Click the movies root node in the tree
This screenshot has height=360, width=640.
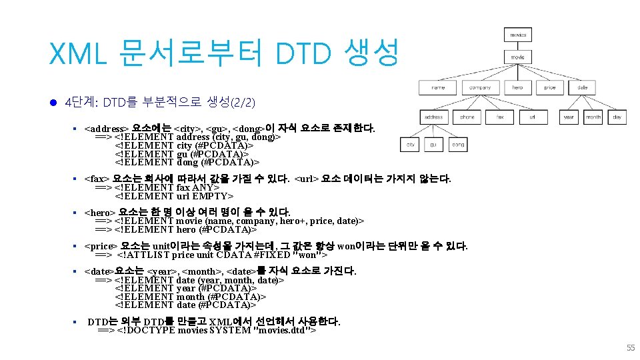pos(518,35)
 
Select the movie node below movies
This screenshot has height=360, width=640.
pos(518,57)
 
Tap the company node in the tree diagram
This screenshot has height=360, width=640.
pos(479,87)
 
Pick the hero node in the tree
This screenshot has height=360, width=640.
pos(518,87)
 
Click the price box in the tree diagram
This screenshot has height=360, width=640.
pos(549,87)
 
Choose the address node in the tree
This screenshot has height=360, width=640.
pos(433,117)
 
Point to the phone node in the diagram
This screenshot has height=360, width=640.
pos(467,117)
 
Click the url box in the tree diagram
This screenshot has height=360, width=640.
pos(532,117)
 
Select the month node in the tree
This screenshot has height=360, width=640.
pos(593,117)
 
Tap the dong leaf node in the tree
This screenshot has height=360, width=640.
pos(459,145)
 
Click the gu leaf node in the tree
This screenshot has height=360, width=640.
pos(434,145)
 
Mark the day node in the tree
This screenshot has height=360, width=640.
pos(617,117)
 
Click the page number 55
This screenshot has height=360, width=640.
pos(630,347)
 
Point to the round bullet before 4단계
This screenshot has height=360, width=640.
pos(53,102)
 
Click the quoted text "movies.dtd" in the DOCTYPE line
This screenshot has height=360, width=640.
pos(282,330)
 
